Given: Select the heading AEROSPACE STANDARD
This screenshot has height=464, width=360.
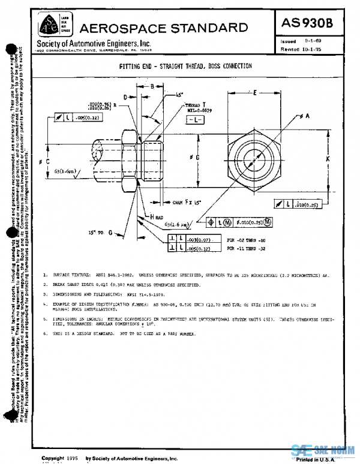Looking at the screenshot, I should point(163,28).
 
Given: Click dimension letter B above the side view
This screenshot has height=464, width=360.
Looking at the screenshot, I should point(154,87).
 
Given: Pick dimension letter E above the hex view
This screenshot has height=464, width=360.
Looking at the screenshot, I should point(256,93).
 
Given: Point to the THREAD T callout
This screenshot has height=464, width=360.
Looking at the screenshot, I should point(194,106).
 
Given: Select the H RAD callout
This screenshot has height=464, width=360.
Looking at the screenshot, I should point(157,216).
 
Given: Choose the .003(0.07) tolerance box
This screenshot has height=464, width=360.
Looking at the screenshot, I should point(200,239).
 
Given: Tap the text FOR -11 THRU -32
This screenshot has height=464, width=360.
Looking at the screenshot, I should point(247,247).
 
